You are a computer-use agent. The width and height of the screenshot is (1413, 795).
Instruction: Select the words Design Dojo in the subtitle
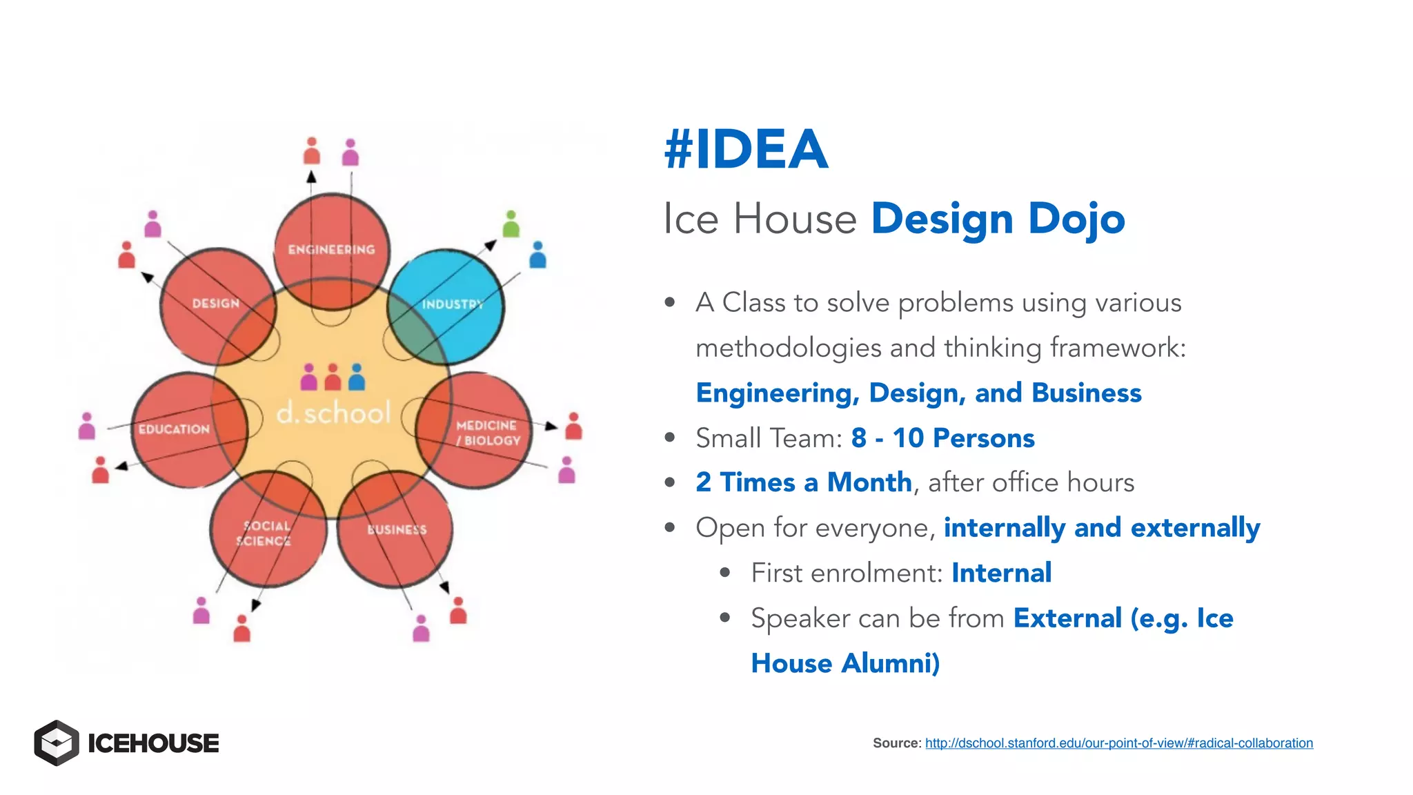tap(998, 219)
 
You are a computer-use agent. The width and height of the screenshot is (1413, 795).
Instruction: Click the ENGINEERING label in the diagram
tap(331, 249)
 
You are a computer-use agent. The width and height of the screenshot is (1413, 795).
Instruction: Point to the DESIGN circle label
tap(215, 303)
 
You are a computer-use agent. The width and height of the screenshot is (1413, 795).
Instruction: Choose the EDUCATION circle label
tap(174, 429)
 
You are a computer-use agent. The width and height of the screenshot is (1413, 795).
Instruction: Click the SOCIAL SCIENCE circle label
tap(264, 533)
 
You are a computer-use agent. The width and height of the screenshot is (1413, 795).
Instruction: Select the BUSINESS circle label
tap(397, 529)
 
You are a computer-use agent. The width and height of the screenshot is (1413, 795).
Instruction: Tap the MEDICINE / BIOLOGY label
tap(487, 433)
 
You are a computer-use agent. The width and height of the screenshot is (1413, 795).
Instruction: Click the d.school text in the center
tap(333, 413)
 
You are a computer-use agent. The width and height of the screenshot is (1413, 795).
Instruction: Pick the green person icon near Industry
tap(511, 224)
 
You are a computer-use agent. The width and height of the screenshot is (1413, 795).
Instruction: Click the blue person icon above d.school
tap(357, 377)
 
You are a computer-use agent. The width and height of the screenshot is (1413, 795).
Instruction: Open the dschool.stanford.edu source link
tap(1118, 743)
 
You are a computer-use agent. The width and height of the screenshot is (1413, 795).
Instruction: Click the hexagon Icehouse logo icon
tap(57, 743)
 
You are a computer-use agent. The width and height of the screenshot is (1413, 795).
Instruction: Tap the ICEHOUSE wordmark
tap(153, 743)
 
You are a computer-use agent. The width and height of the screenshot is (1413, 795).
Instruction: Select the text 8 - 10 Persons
tap(942, 438)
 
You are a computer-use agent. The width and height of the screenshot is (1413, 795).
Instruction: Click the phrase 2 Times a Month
tap(804, 482)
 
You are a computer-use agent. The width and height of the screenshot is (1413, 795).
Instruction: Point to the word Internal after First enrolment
tap(1001, 573)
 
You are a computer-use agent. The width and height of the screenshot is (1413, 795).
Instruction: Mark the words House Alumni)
tap(845, 663)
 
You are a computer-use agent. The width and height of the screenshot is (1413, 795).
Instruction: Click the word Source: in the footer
tap(896, 743)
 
